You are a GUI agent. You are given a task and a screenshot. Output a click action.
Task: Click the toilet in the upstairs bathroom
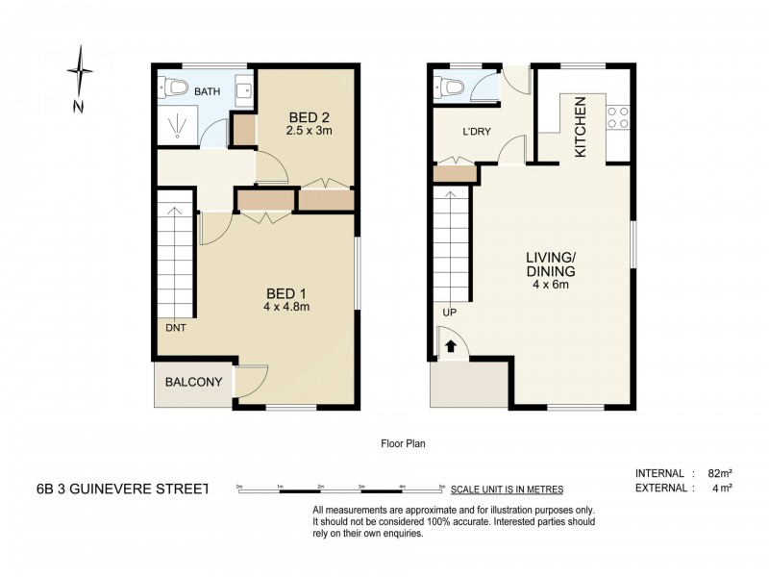click(174, 90)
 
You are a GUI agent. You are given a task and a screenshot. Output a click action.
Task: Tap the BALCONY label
click(193, 383)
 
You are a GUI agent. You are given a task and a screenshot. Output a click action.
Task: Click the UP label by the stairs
click(449, 313)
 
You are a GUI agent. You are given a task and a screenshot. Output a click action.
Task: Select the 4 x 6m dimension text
click(550, 285)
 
